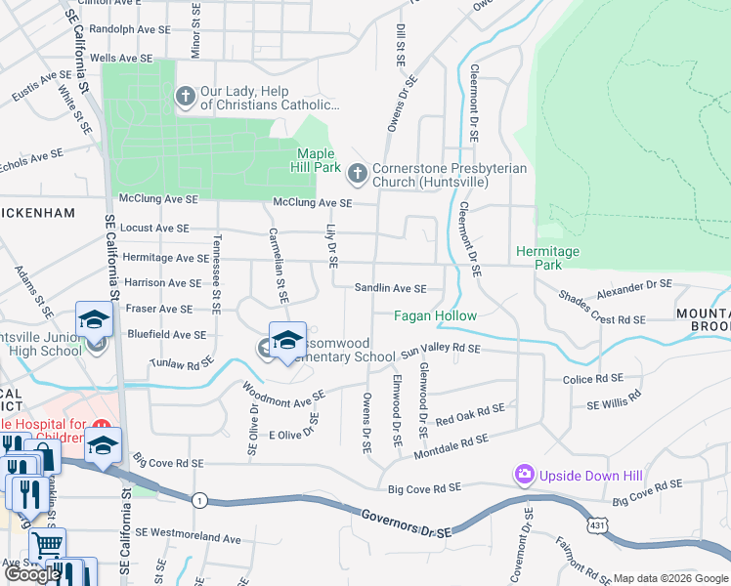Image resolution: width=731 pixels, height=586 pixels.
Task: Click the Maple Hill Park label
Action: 316,160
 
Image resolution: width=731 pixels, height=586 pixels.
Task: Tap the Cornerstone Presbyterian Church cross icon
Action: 358,174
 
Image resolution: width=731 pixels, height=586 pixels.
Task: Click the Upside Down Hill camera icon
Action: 525,475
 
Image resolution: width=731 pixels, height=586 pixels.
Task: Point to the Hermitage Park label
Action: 547,258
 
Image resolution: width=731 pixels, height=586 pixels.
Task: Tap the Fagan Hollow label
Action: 435,315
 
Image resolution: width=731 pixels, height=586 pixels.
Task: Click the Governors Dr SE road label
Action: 406,524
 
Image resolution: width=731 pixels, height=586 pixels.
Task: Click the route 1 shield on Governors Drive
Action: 200,500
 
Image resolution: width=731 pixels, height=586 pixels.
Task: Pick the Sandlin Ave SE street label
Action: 390,288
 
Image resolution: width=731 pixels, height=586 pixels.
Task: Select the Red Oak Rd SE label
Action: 470,414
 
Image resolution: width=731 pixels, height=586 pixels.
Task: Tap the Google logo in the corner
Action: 32,573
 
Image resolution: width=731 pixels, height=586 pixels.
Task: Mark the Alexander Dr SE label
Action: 634,286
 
